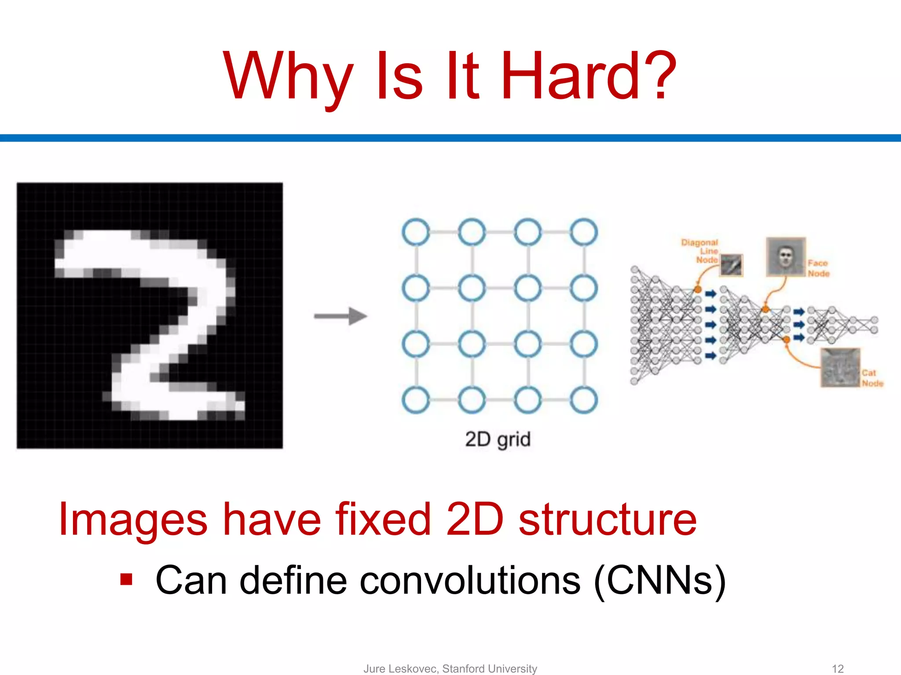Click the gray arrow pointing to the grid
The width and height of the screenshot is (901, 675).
click(341, 316)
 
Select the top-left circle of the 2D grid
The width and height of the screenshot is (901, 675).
click(416, 232)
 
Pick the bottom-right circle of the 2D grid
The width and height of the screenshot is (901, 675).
click(584, 400)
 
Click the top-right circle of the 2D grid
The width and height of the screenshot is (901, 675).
click(584, 232)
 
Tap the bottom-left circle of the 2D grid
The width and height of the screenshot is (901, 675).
click(416, 400)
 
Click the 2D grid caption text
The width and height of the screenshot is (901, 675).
click(498, 439)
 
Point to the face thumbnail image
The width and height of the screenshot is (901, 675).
click(785, 257)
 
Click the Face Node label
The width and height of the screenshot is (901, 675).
click(818, 268)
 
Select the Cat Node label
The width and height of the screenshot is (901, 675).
click(872, 378)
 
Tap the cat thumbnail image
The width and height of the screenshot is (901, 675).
click(840, 368)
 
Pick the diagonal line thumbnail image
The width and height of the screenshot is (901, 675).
click(731, 265)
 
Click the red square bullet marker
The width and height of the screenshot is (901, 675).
click(126, 580)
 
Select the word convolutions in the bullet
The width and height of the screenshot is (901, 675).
click(470, 581)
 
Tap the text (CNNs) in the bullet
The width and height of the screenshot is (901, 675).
click(659, 581)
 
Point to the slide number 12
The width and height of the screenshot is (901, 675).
click(838, 668)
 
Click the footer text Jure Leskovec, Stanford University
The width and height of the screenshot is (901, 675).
click(450, 668)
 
